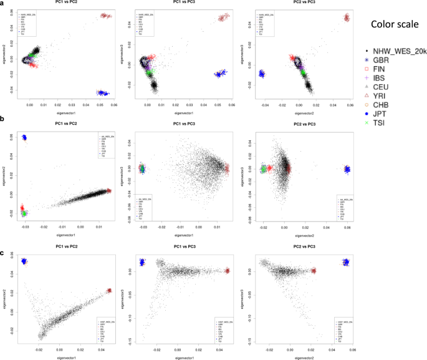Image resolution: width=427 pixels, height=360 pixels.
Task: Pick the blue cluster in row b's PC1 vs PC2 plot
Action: click(x=24, y=137)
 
